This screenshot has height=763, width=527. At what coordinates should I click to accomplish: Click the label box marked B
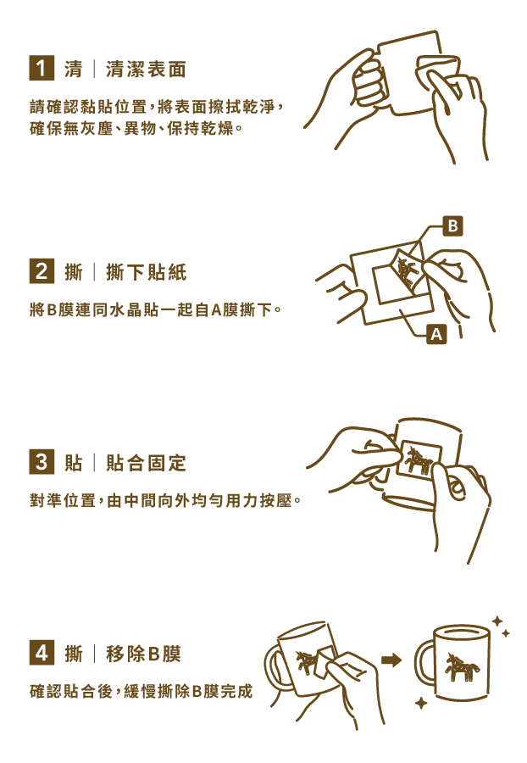[453, 226]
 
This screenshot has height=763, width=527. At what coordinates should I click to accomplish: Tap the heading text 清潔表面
[146, 70]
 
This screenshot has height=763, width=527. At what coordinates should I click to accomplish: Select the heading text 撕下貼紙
[146, 273]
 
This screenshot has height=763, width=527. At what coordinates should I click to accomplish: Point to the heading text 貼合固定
[146, 464]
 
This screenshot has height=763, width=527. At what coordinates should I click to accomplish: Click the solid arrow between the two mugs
[391, 660]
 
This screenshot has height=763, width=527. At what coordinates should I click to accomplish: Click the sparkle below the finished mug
[421, 703]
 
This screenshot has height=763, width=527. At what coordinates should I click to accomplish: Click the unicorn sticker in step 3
[419, 461]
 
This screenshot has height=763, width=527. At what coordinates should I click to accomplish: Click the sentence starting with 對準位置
[165, 501]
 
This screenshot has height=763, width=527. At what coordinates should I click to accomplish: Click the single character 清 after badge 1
[74, 70]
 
